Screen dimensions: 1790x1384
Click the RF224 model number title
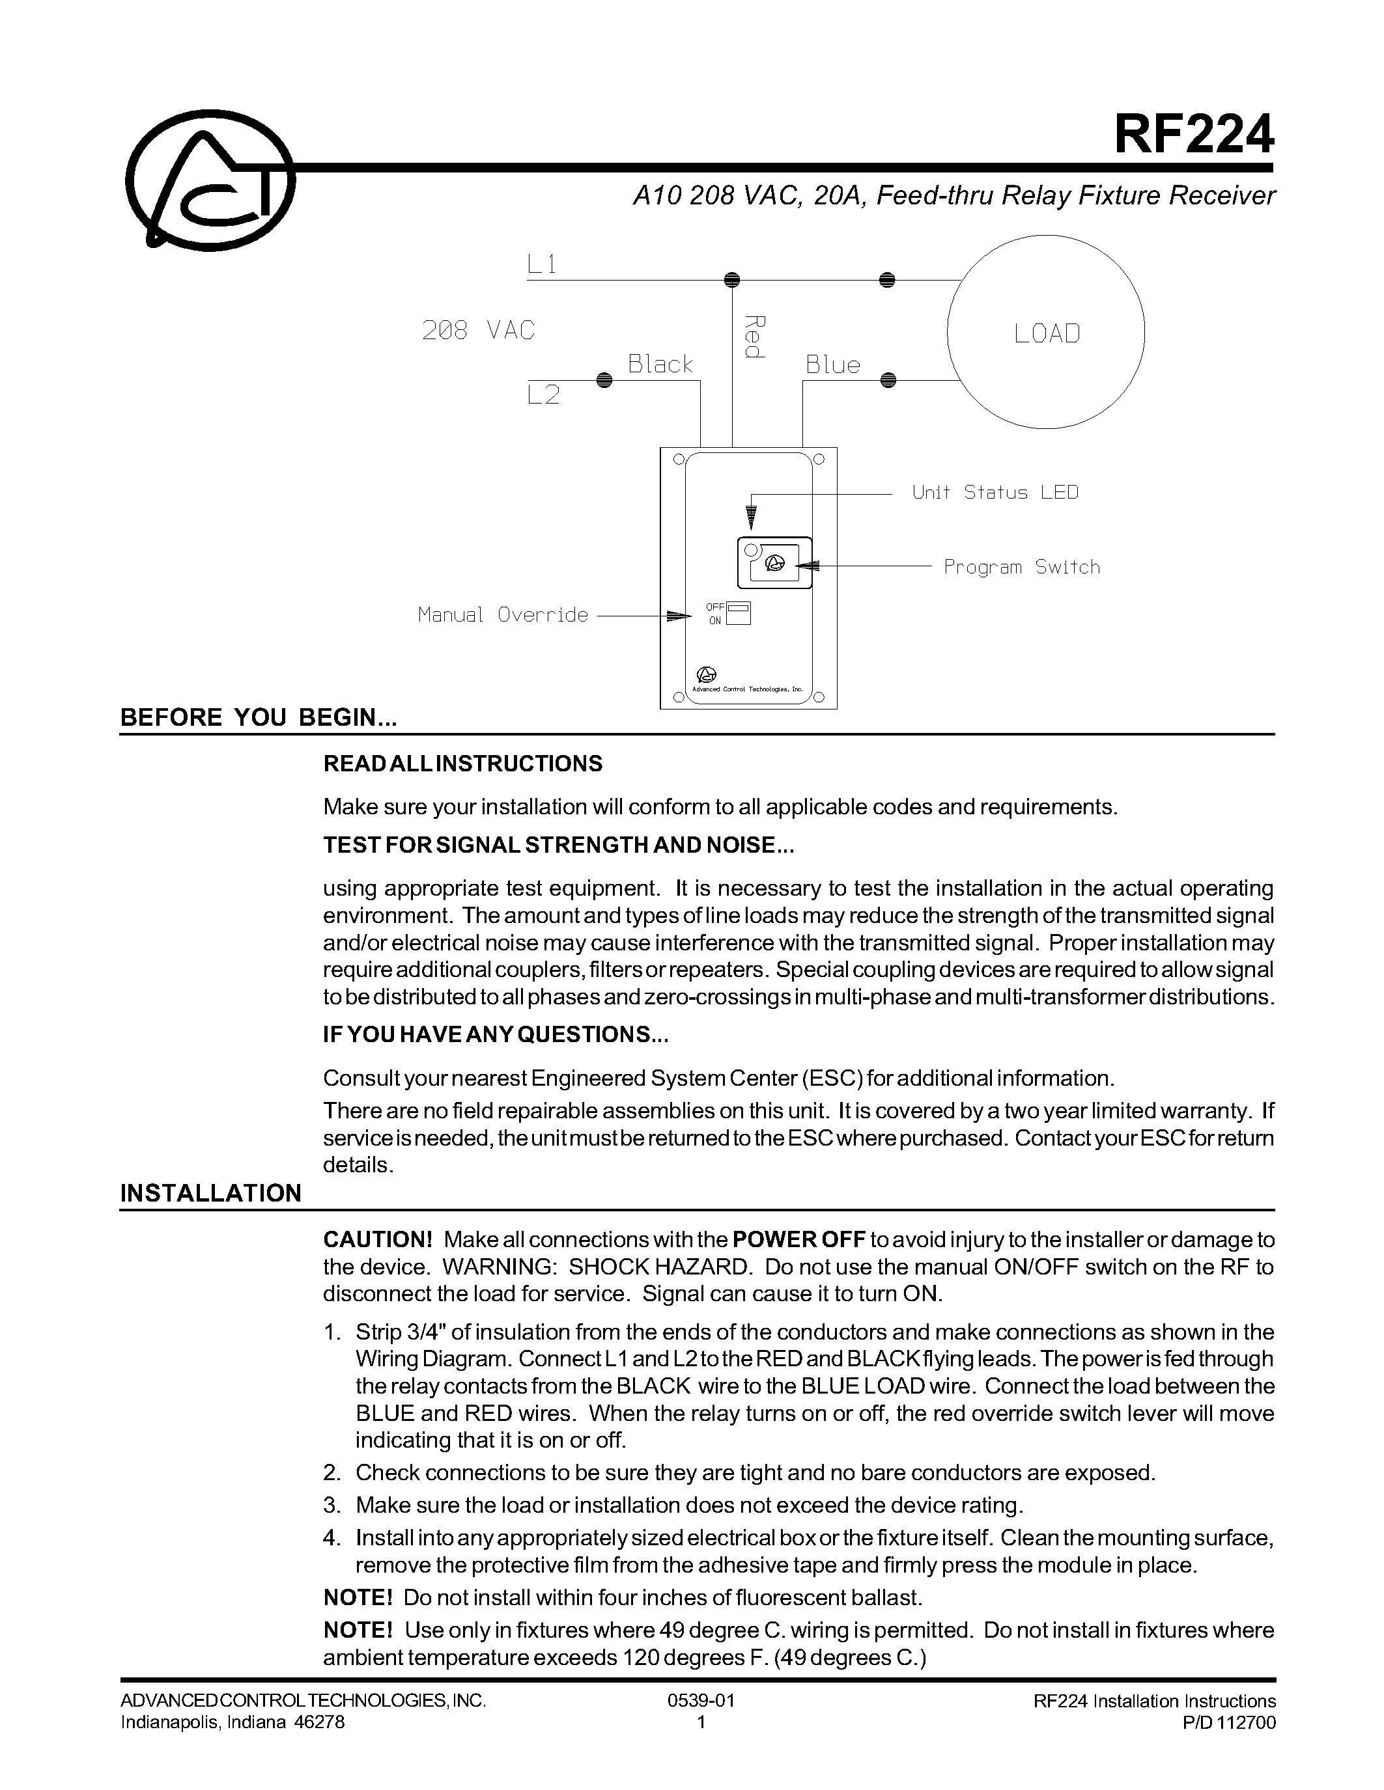1193,135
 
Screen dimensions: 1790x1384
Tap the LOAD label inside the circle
1046,333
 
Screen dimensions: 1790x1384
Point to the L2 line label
543,396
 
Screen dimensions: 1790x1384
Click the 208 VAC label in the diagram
478,330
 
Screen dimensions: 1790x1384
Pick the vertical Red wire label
754,337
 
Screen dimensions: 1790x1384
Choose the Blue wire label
832,365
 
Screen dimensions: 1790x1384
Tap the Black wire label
660,364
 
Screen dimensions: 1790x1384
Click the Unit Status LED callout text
995,493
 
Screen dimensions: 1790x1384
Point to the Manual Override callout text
503,614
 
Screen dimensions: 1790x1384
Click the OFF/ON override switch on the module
738,614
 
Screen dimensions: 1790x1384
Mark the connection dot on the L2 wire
604,380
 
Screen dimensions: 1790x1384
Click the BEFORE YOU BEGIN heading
259,717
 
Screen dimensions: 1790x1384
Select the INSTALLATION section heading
211,1192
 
